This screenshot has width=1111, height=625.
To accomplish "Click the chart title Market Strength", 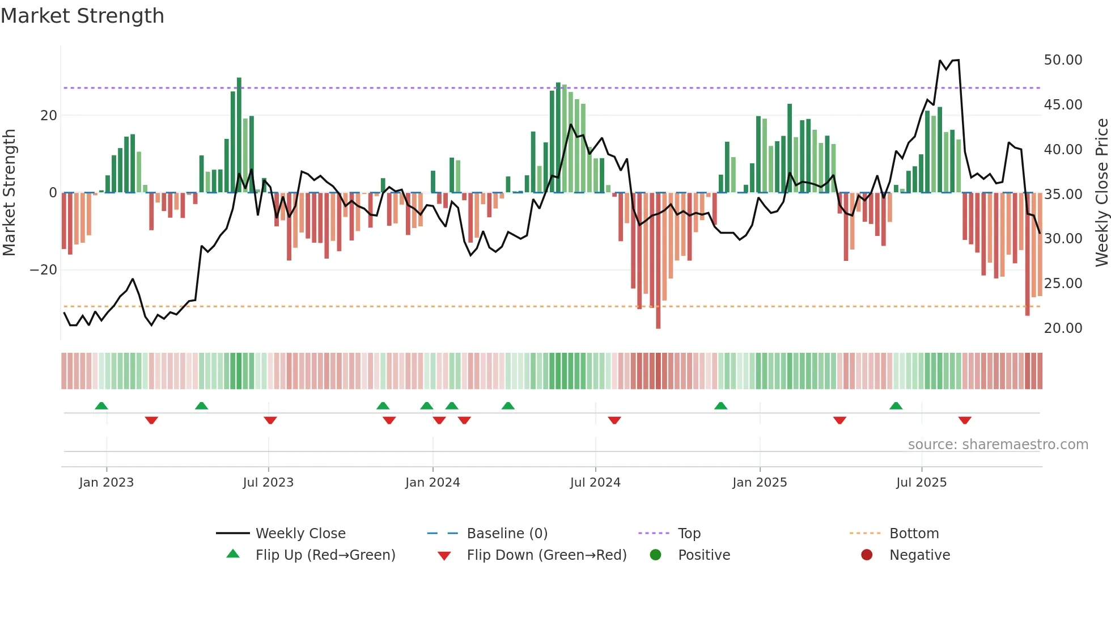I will click(x=82, y=16).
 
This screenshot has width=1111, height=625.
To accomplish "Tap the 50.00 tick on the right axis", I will click(x=1063, y=60).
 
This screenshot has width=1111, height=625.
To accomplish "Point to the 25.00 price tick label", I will click(x=1063, y=284).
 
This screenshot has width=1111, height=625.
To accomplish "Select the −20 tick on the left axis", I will click(x=44, y=270).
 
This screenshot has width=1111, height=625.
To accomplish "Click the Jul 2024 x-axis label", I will click(x=595, y=483).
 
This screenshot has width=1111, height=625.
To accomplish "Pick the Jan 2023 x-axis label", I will click(x=107, y=483).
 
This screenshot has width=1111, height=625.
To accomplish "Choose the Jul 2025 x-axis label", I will click(x=921, y=483).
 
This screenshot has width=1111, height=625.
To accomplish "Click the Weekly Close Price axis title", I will click(x=1101, y=193).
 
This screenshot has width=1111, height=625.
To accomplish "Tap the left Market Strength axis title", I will click(x=9, y=193).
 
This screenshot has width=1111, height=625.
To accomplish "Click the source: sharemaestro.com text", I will click(x=998, y=445).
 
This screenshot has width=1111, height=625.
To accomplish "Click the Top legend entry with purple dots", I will click(x=689, y=534).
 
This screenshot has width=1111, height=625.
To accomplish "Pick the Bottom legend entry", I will click(x=914, y=534).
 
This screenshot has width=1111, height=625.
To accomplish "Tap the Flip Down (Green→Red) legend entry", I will click(x=546, y=555).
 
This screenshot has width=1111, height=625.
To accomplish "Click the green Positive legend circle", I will click(x=656, y=555).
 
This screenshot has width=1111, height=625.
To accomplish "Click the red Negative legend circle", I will click(x=867, y=555).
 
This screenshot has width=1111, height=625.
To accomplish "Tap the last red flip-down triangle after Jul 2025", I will click(x=965, y=420).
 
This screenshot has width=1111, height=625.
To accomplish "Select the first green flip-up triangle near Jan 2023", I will click(x=101, y=406).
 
